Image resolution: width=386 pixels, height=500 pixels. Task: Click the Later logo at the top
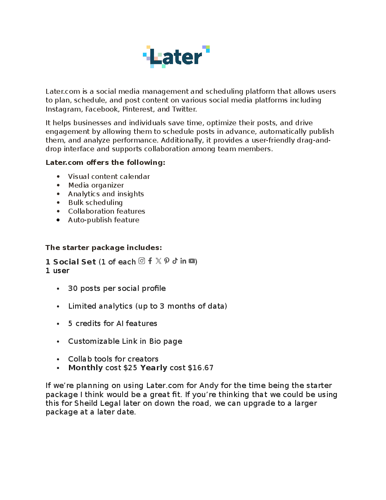click(176, 57)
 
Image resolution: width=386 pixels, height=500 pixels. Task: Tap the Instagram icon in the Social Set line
click(142, 261)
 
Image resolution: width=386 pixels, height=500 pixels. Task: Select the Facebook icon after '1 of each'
click(150, 261)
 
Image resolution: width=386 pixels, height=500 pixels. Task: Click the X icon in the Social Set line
click(159, 261)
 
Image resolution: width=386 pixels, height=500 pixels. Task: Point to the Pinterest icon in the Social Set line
click(167, 261)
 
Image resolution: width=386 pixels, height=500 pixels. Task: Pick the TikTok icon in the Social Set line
click(175, 261)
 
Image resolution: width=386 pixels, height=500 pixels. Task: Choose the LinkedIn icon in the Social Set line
click(183, 261)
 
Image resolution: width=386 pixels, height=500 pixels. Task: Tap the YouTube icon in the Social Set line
click(192, 261)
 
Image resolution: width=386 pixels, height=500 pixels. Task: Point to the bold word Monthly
click(85, 368)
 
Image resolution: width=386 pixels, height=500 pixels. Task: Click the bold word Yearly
click(154, 368)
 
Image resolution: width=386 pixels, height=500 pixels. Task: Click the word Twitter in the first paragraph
click(184, 109)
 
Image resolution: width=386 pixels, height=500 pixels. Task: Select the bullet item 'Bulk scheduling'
click(95, 202)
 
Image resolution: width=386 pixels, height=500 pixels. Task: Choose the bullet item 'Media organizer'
click(96, 185)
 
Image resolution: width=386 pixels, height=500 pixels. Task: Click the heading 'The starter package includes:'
click(104, 248)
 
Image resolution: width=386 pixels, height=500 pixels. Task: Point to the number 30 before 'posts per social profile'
click(73, 288)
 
